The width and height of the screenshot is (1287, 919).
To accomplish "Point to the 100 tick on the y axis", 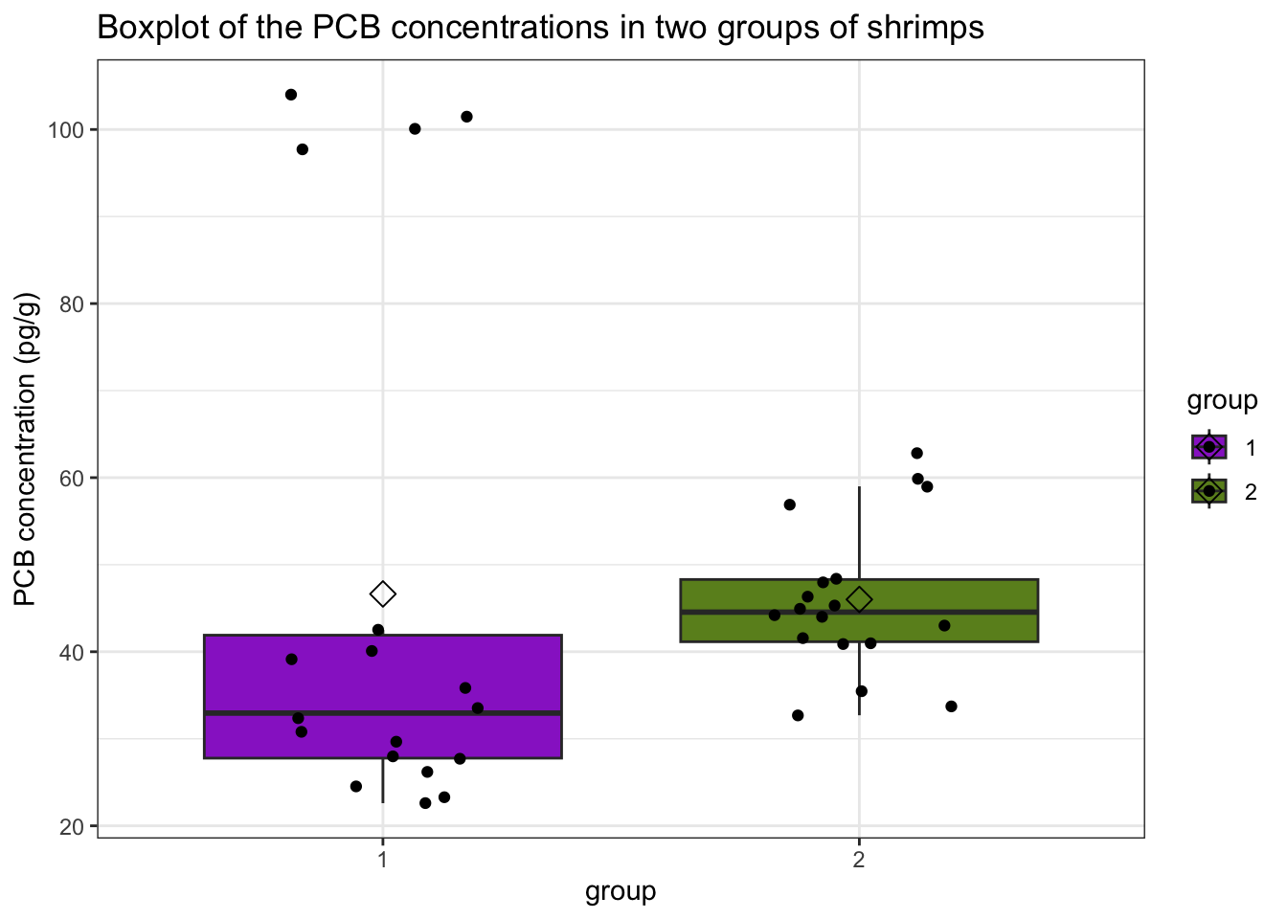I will pos(70,129).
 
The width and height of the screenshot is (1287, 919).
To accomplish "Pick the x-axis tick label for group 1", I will pos(383,859).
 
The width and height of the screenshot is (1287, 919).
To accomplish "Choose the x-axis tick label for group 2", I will pos(859,859).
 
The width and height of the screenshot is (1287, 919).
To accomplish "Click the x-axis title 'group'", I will pos(621,892).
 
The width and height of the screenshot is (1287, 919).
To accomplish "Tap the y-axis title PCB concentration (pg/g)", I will pos(26,448).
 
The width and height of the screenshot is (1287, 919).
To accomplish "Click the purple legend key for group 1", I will pos(1209,447).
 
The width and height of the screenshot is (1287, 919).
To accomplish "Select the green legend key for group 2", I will pos(1209,490).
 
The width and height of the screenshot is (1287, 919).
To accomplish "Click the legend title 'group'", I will pos(1222,400).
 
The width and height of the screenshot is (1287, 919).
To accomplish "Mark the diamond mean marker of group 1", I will pos(383,594).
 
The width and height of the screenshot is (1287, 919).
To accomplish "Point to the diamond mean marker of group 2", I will pos(859,599).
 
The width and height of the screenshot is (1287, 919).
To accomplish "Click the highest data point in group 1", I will pos(291,95).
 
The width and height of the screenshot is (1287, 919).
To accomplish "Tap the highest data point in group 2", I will pos(916,453).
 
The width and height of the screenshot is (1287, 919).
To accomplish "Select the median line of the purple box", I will pos(383,713).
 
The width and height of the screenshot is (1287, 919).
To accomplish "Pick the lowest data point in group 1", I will pos(425,803).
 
